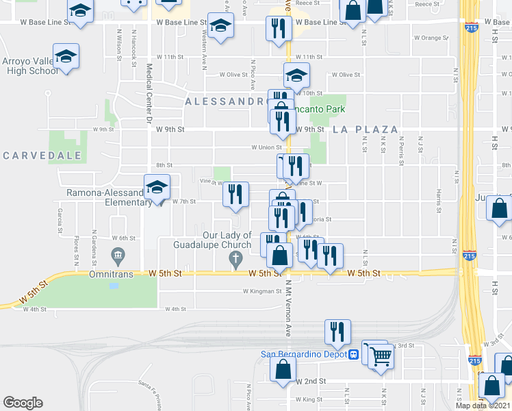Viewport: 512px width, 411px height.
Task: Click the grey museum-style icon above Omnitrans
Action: [x=117, y=256]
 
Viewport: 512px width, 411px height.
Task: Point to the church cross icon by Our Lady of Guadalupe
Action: [x=235, y=258]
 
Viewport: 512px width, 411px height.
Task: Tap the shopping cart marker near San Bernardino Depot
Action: [x=381, y=355]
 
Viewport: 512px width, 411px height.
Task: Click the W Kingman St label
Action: [x=262, y=291]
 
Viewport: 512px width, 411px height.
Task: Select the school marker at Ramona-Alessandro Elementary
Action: [x=157, y=186]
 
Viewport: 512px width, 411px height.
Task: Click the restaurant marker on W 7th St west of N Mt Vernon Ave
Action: [x=235, y=194]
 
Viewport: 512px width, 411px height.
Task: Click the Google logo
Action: [x=23, y=403]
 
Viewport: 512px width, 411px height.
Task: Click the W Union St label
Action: [x=267, y=147]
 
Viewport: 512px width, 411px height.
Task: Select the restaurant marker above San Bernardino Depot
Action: [x=337, y=332]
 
